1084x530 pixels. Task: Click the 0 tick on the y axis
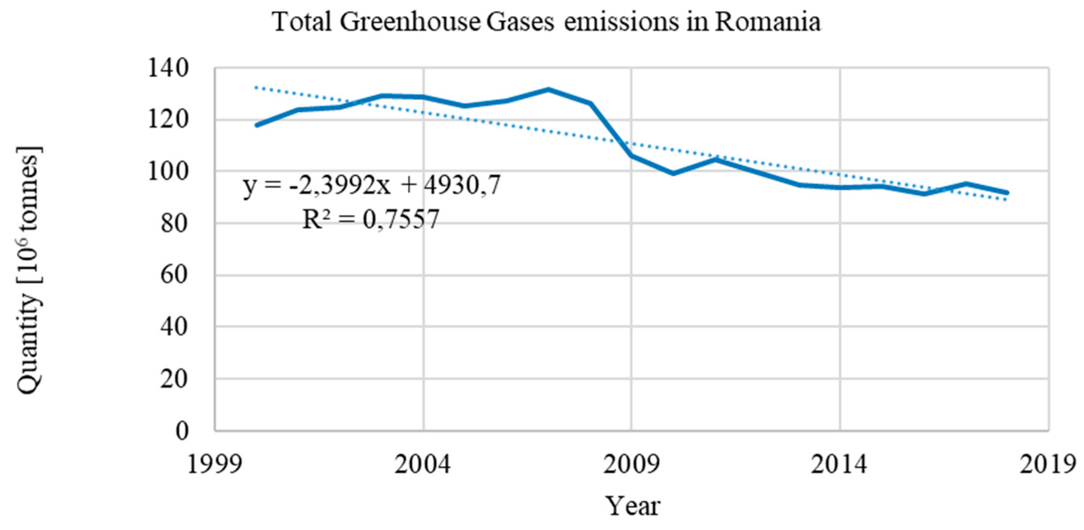click(182, 431)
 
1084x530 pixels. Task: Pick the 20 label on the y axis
click(174, 379)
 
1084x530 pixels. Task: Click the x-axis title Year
click(632, 506)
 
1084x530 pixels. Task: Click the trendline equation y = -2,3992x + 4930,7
click(372, 185)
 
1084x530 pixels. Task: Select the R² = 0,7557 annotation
click(371, 219)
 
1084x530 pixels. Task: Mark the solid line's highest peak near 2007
click(548, 89)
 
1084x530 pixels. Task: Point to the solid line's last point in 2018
click(1007, 193)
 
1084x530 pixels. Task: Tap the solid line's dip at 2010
click(673, 173)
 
